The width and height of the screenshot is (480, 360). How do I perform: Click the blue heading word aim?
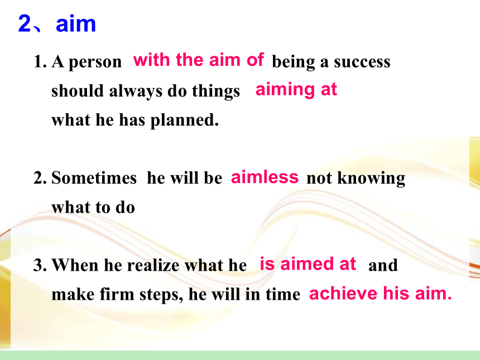point(75,23)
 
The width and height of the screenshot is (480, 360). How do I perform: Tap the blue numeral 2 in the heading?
point(25,23)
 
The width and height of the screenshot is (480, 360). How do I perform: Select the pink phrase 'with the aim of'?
point(198,60)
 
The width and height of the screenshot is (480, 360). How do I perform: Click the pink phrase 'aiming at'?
point(296,90)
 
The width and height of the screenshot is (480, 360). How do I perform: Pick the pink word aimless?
point(265,177)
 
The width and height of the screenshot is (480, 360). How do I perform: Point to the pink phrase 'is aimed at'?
point(308,264)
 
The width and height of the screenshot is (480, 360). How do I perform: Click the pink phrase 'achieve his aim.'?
point(380,293)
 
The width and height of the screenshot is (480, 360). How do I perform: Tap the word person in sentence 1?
point(95,63)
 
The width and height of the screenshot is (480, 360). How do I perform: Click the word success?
point(362,62)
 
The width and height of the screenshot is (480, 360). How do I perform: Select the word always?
point(136,92)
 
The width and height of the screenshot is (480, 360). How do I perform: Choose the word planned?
point(185,121)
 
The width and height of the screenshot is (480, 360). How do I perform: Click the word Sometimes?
point(94,178)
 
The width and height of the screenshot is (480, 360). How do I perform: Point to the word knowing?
point(371,179)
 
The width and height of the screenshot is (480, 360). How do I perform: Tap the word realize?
point(153,265)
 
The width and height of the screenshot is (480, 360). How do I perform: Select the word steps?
point(161,295)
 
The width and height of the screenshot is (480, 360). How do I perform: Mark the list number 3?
point(40,265)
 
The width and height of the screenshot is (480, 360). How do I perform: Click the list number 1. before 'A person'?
point(40,61)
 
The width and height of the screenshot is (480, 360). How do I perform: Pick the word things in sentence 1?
point(216,92)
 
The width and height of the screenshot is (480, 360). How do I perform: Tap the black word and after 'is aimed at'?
point(383,265)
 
